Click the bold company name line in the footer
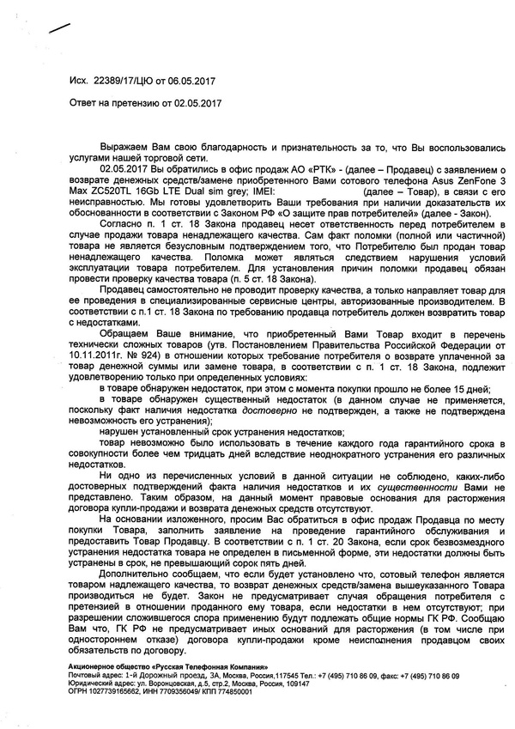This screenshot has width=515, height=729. point(167,667)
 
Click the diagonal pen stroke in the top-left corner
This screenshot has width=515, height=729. point(61,27)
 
